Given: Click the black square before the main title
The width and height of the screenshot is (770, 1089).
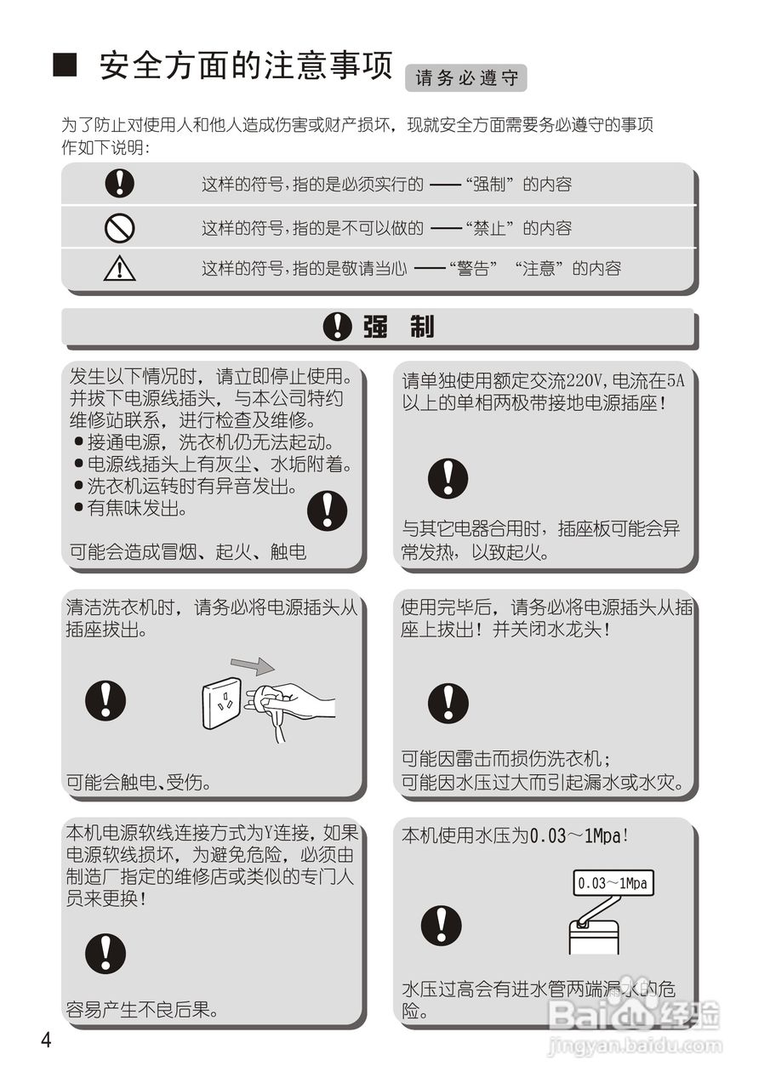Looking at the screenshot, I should tap(66, 66).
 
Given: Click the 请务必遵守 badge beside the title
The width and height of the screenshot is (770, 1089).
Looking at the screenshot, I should tap(466, 78).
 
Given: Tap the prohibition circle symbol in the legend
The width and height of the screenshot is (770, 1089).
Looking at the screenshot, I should tap(120, 227).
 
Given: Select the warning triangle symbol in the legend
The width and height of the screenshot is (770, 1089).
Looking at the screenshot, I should tap(120, 268).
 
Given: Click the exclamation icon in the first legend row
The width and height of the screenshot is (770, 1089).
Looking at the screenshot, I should tap(120, 183).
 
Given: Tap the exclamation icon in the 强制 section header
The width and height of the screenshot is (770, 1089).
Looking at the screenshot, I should tap(339, 328).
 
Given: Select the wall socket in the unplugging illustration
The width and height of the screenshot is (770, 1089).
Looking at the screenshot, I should tap(224, 704).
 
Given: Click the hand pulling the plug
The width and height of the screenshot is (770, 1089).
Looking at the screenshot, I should tap(298, 703).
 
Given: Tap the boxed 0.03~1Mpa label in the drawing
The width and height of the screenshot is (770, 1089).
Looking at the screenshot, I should tap(612, 883).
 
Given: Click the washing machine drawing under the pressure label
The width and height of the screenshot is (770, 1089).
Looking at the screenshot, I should tap(593, 935).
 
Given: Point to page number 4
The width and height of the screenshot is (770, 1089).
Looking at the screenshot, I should tap(46, 1041).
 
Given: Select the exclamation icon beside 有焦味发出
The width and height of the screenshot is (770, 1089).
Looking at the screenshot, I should tap(328, 510).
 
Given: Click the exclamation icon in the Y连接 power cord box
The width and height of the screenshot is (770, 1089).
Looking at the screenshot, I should tap(106, 954).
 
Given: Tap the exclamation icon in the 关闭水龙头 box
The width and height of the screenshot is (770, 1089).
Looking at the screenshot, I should tap(448, 703).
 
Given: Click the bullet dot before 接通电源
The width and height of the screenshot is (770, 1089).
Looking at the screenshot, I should tap(78, 442).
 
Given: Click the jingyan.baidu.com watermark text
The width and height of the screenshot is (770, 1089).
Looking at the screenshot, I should tap(634, 1046).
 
